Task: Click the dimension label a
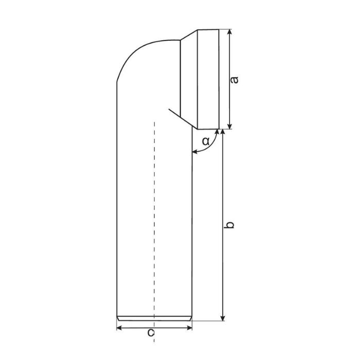[x=234, y=80]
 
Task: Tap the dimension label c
[x=151, y=333]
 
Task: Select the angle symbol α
[x=205, y=140]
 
